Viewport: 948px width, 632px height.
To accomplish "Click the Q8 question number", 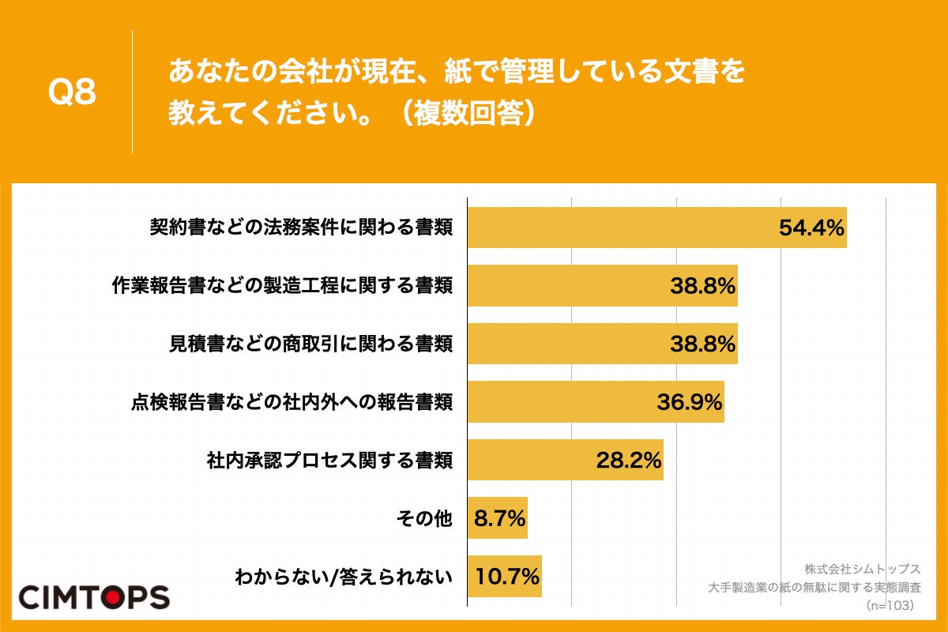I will [72, 92].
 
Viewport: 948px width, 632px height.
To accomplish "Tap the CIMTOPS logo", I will [94, 596].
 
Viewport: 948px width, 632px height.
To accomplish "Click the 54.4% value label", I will [811, 228].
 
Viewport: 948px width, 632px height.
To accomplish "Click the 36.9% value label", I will [690, 402].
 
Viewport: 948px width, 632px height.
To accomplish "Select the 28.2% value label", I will [629, 460].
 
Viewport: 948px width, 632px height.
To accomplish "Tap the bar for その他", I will [497, 518].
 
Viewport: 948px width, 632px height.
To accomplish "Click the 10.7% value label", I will [506, 576].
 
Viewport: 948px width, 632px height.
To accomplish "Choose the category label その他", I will [423, 518].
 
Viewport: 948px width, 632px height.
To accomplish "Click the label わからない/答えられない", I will [344, 577].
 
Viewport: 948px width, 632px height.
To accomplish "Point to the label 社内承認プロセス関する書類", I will [329, 461].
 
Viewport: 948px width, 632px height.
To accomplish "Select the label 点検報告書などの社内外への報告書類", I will [292, 402].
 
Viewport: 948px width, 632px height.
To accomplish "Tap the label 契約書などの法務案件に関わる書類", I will [301, 228].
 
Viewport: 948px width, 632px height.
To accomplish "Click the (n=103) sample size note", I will [889, 605].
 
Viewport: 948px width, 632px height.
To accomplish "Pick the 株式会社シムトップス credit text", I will [863, 569].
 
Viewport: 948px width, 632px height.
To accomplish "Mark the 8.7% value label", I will [499, 518].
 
